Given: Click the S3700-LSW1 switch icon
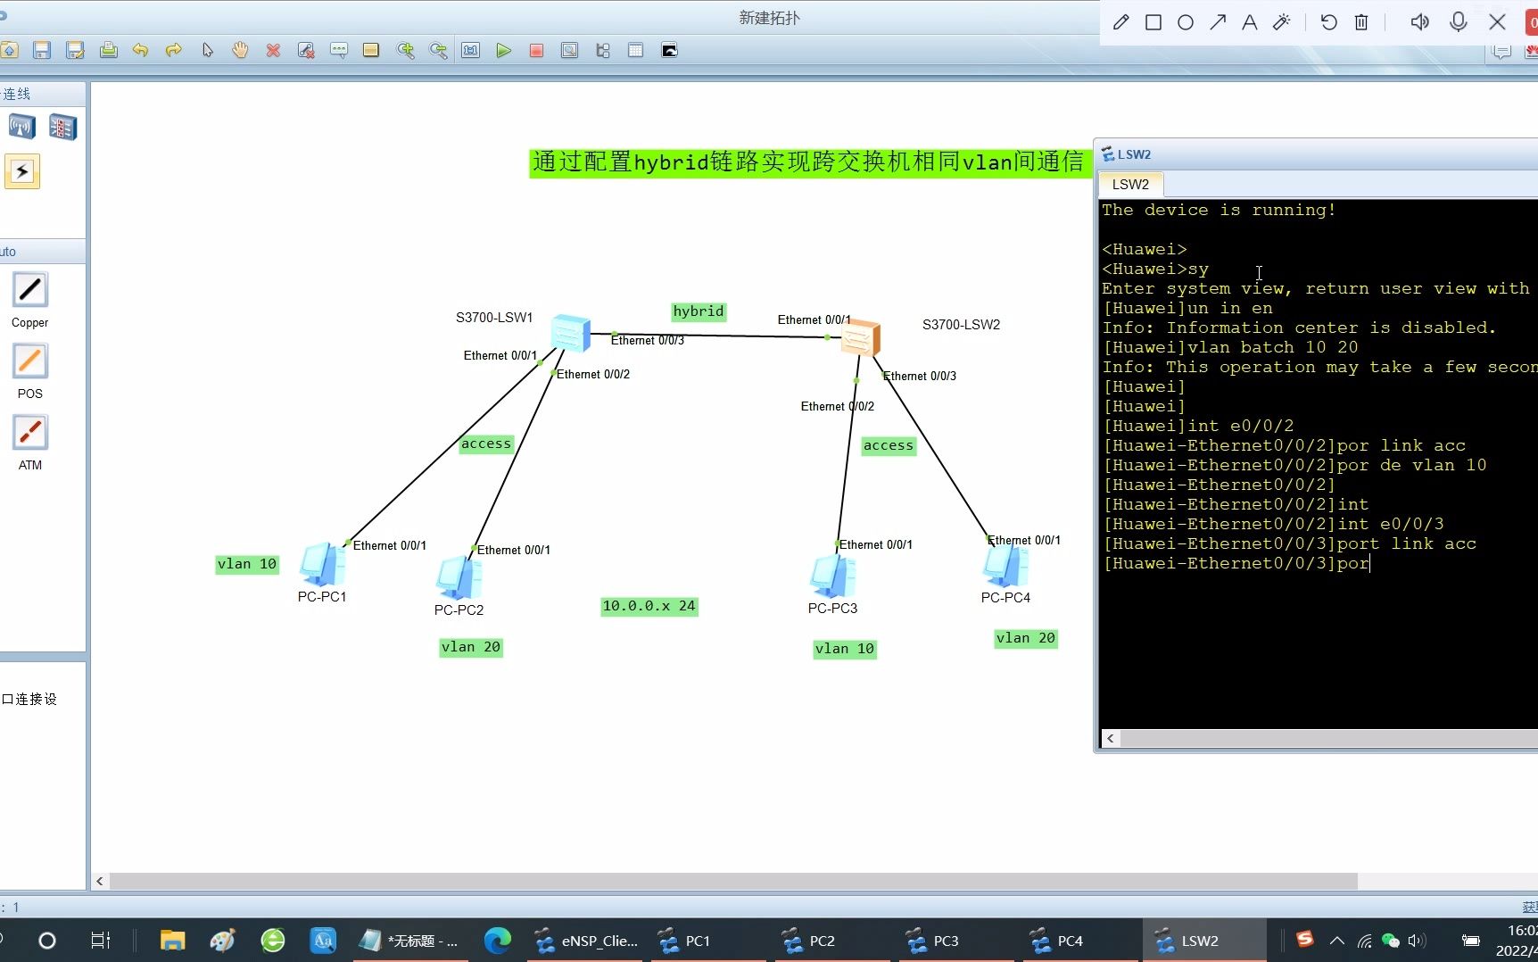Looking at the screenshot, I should coord(571,333).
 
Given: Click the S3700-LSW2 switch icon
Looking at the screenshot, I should coord(861,338).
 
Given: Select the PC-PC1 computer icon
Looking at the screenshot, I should coord(321,565).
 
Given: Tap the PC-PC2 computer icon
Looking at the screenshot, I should coord(459,577).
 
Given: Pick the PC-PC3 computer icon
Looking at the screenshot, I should coord(832,576).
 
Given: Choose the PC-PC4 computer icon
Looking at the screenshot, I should coord(1005,566).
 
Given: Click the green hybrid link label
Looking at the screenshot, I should coord(698,311).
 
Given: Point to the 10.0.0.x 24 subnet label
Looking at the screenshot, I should coord(649,606).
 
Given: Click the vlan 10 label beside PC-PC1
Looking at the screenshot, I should coord(247,564).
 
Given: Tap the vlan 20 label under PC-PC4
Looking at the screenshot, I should coord(1025,638).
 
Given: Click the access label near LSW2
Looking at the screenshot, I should coord(888,445).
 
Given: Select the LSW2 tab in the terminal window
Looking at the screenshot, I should coord(1129,185).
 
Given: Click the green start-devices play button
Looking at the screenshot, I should coord(503,51).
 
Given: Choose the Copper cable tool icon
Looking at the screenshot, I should coord(29,291).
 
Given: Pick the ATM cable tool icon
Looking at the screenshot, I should coord(29,434).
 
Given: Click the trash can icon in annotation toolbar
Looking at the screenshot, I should coord(1361,22).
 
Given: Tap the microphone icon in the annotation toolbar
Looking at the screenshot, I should coord(1459,22).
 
